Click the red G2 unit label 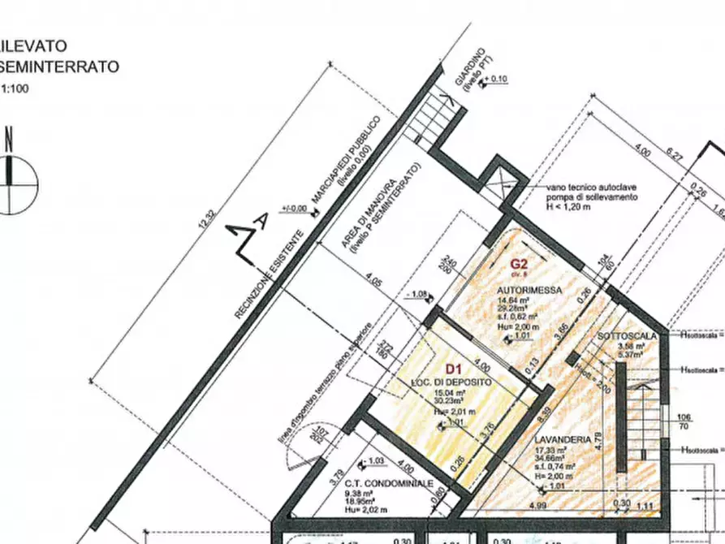click(520, 263)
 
